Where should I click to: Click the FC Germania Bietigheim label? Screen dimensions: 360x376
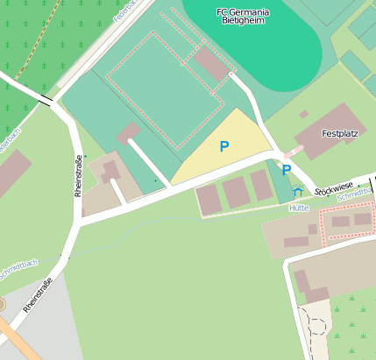click(x=243, y=18)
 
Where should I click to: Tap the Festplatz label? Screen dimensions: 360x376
click(x=341, y=136)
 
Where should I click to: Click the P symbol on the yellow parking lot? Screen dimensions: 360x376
click(x=224, y=147)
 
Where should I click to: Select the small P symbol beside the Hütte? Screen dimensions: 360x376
click(x=286, y=170)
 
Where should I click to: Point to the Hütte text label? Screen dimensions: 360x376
click(x=299, y=208)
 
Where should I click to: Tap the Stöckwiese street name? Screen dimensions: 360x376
click(x=334, y=187)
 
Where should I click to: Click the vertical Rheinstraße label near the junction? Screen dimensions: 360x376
click(x=78, y=174)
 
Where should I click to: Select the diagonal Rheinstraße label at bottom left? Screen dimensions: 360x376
click(x=38, y=295)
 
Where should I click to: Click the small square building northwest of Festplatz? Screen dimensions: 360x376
click(x=303, y=114)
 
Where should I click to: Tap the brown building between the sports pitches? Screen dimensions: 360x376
click(x=211, y=64)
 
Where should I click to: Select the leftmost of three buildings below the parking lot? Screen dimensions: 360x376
click(x=209, y=199)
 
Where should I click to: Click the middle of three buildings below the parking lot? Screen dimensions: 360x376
click(x=236, y=192)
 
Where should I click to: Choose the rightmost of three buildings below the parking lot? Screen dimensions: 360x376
click(x=261, y=185)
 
